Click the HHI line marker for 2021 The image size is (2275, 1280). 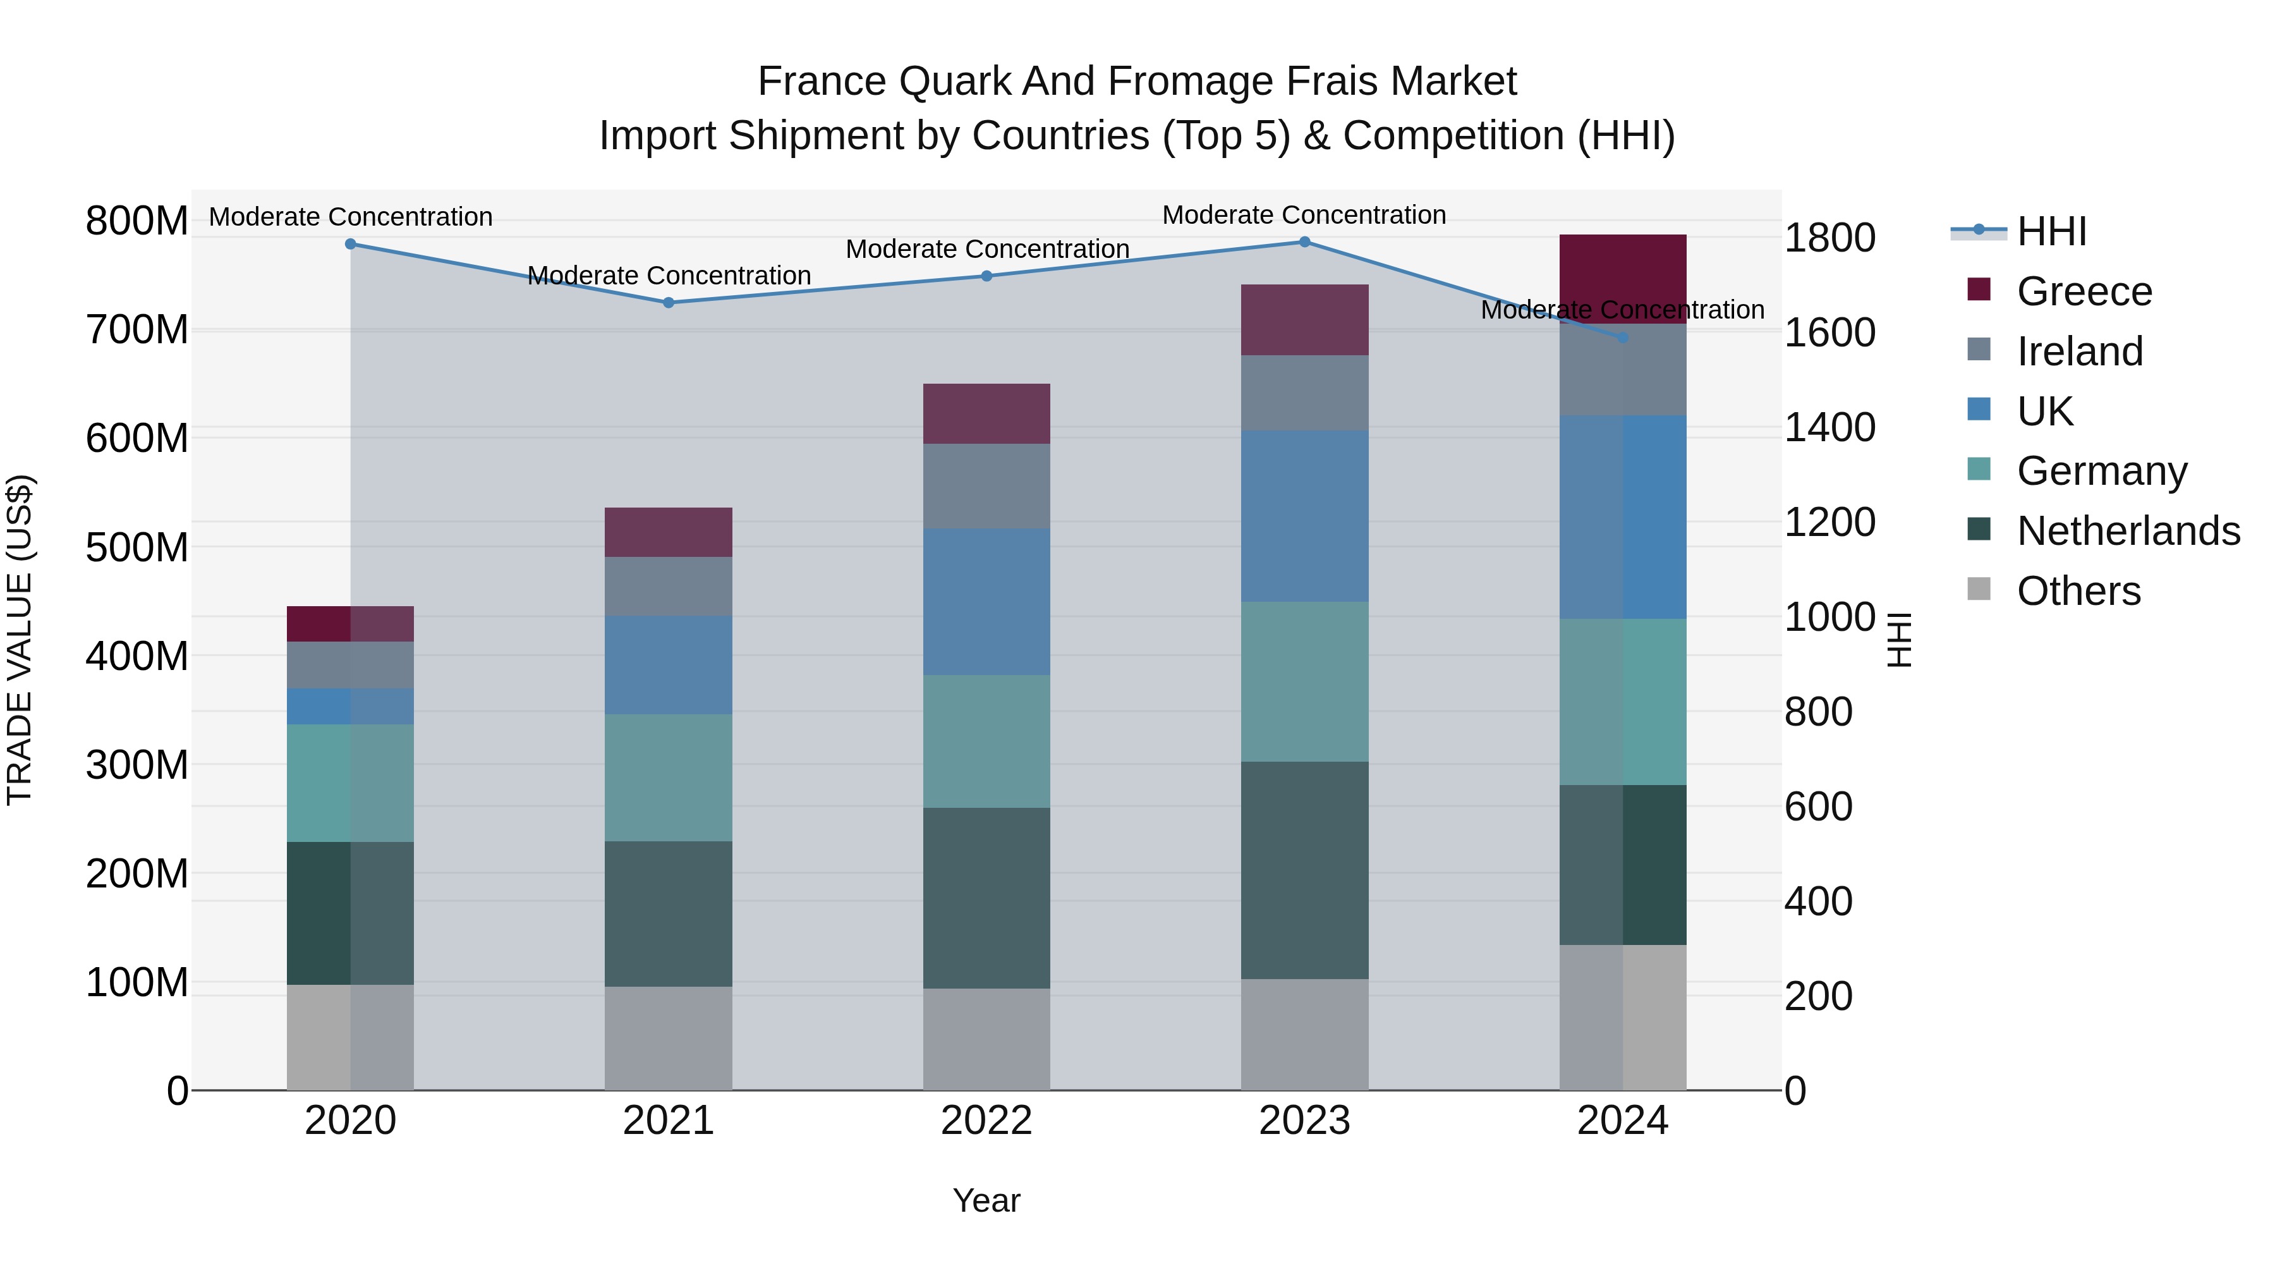pos(669,303)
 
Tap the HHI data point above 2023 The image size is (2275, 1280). pos(1304,242)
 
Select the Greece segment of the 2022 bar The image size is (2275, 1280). pos(986,413)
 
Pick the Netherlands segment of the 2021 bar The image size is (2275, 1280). pos(669,913)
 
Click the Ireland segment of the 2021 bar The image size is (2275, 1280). pos(669,586)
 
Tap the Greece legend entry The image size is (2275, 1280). pos(2084,291)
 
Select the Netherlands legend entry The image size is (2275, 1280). pos(2128,531)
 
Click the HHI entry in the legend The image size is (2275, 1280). pos(2051,231)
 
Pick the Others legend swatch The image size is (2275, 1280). pos(1979,589)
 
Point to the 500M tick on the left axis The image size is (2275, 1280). pos(137,547)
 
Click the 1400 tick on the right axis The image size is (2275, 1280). pos(1830,427)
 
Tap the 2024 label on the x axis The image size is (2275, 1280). pos(1622,1121)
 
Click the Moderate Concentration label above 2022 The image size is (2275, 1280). pos(987,249)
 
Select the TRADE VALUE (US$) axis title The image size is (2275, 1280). pos(20,640)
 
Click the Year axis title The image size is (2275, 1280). pos(986,1200)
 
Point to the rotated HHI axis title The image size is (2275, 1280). pos(1899,640)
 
